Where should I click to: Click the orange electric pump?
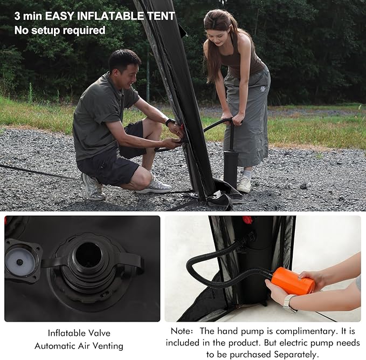[293, 281]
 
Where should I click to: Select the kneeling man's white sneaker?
[154, 187]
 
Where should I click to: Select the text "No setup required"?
[60, 30]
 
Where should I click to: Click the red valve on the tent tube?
[247, 220]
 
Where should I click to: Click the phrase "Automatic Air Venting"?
[79, 346]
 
